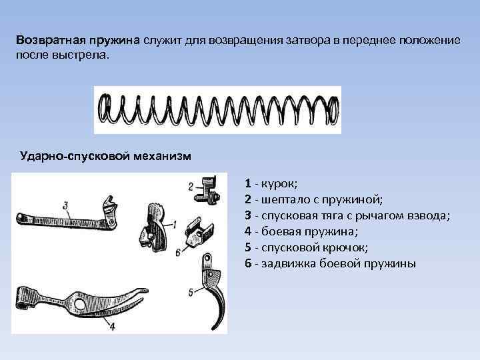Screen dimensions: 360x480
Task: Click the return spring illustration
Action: coord(217,110)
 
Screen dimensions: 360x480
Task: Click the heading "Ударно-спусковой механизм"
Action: coord(106,156)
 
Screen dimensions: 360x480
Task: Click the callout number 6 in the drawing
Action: coord(177,253)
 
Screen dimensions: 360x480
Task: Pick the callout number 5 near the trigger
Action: coord(191,291)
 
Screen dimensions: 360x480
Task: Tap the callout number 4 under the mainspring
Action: coord(112,327)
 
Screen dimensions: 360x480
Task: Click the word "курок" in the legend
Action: coord(273,183)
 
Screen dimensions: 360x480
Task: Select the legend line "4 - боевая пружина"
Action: coord(301,232)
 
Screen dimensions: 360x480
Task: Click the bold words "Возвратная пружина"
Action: coord(79,40)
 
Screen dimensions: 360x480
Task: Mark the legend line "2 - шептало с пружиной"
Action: coord(312,199)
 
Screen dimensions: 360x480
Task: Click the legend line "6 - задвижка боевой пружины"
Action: coord(330,264)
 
